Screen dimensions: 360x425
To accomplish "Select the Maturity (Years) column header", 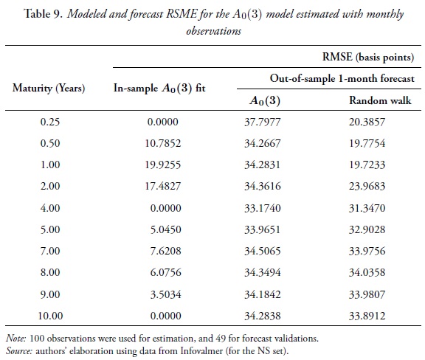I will pos(49,88).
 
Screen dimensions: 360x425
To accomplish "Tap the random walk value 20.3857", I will pos(371,122).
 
